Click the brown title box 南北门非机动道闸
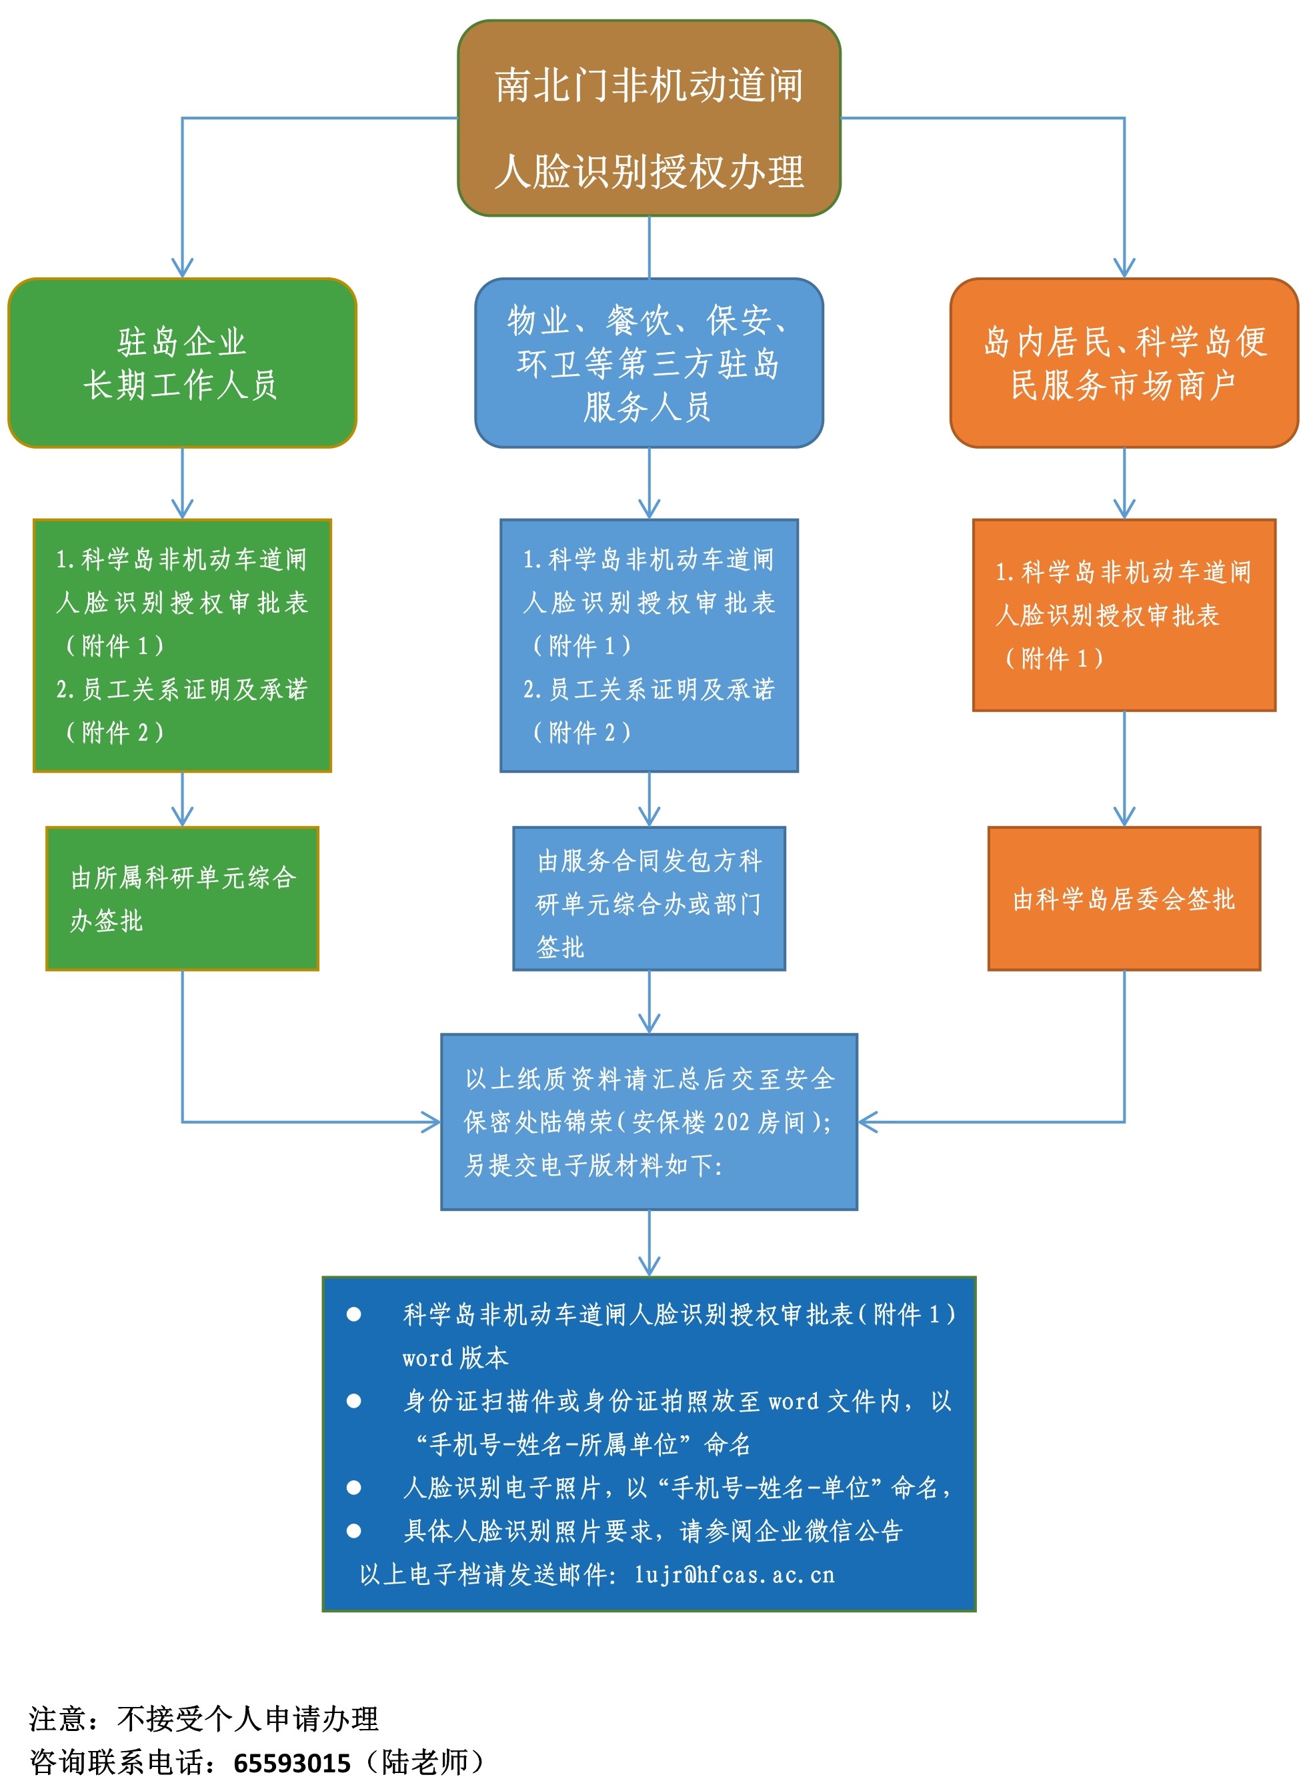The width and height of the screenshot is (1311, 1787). [x=648, y=118]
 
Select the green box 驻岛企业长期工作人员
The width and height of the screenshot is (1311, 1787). [x=182, y=363]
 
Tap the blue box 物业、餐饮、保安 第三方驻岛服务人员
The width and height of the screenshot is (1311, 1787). [x=648, y=363]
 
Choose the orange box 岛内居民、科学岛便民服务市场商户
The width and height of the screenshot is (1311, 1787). [x=1124, y=363]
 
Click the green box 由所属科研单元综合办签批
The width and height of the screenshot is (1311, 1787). [x=182, y=898]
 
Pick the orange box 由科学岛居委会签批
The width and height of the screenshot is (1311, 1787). [x=1124, y=898]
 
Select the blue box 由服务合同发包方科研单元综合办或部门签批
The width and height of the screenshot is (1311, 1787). [x=648, y=898]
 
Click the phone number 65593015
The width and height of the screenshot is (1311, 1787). [x=291, y=1762]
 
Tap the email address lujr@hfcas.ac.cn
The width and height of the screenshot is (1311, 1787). [x=734, y=1574]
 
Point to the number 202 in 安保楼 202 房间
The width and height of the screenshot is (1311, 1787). [x=731, y=1122]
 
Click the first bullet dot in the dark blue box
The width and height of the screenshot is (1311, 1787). [x=354, y=1315]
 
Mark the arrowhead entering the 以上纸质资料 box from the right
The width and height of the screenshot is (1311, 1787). [x=868, y=1122]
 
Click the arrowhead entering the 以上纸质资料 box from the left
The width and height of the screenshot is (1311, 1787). [x=431, y=1122]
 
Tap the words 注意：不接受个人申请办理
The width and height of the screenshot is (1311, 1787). [x=204, y=1719]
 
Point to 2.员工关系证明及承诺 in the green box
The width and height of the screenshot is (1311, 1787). [x=182, y=689]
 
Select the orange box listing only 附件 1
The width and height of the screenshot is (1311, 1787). [x=1124, y=615]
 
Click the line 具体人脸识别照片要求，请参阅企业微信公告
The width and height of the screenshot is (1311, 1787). [x=652, y=1531]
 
